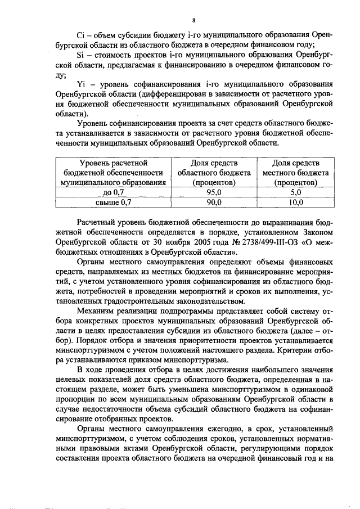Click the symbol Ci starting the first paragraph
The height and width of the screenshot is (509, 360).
(80, 35)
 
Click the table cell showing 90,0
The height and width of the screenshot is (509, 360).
(214, 202)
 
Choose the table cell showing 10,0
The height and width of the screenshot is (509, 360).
(295, 202)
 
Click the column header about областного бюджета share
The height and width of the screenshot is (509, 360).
(214, 173)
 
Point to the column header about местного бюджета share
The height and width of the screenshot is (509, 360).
(295, 173)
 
